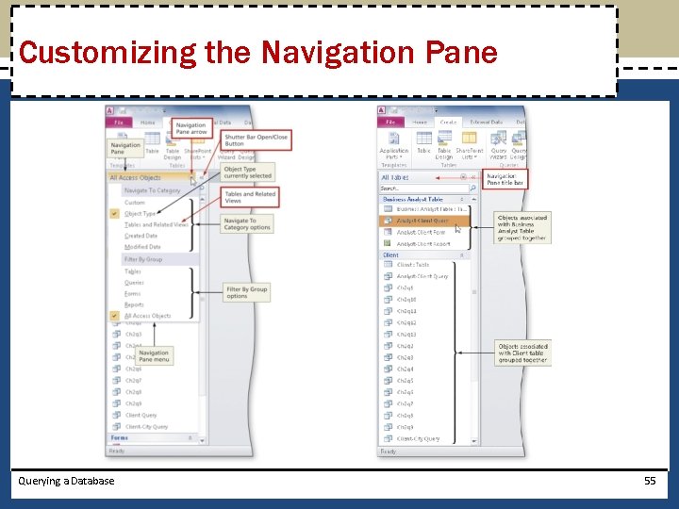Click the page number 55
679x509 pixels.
coord(649,481)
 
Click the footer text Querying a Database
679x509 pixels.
coord(66,481)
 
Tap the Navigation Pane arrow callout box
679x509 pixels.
coord(190,129)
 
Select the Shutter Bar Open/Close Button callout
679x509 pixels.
coord(255,140)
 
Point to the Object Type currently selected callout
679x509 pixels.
coord(247,172)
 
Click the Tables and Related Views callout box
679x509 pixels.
coord(250,197)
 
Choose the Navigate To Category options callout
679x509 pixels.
coord(247,224)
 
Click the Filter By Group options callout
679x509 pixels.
coord(246,293)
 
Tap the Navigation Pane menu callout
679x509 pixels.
coord(154,356)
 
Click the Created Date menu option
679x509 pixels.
coord(141,237)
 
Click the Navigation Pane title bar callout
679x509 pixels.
coord(505,178)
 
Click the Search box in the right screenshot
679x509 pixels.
coord(420,189)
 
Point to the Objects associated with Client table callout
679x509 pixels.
coord(522,353)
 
